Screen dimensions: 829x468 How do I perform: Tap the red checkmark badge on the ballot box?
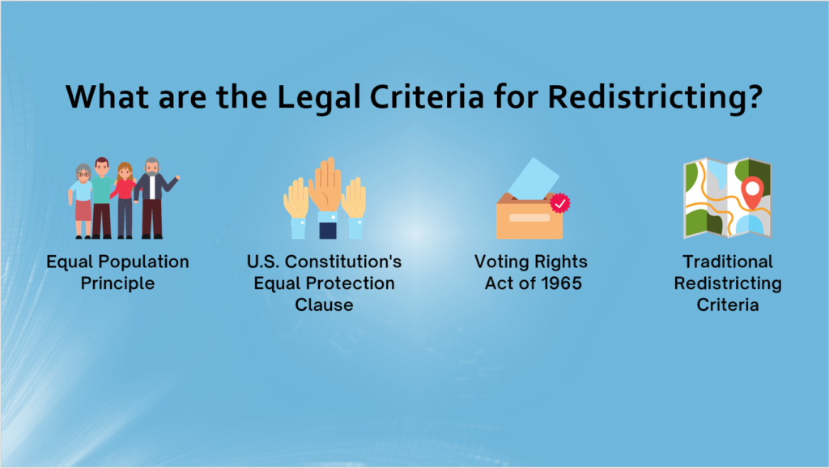[560, 203]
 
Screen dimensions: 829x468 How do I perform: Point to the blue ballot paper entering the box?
[533, 179]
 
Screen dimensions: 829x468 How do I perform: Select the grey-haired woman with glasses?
[83, 201]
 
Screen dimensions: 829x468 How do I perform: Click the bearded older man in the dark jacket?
[155, 198]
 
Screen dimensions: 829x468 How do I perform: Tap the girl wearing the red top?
[125, 200]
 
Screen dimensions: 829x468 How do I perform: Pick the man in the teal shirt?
[102, 198]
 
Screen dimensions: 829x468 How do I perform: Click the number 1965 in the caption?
[562, 283]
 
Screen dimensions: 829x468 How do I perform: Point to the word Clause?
[324, 305]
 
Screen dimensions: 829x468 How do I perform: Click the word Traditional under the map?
[728, 262]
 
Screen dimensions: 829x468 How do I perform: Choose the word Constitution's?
[343, 262]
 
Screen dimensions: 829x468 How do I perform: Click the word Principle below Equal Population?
[117, 284]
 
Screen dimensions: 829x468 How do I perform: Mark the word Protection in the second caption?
[350, 283]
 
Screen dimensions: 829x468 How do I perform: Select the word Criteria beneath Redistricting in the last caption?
[728, 305]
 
